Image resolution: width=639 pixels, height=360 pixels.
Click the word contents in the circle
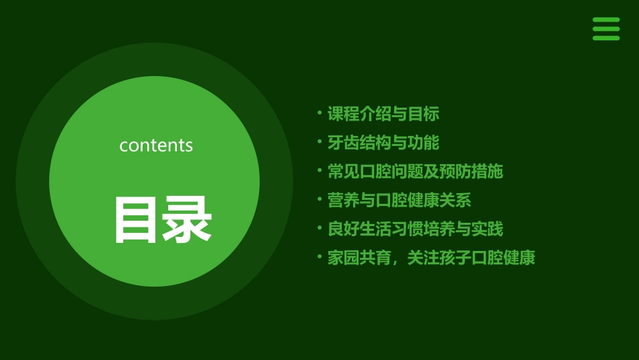coord(156,145)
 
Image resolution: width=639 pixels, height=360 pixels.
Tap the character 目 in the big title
coord(137,219)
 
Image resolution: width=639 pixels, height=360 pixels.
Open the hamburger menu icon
coord(605,29)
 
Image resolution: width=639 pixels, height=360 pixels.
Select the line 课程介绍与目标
coord(383,114)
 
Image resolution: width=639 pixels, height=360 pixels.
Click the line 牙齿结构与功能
coord(383,143)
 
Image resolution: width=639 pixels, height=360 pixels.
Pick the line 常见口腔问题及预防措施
coord(415,172)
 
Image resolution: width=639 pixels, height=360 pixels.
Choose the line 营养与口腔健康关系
coord(399,201)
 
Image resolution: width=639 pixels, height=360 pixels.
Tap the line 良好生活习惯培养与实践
coord(415,229)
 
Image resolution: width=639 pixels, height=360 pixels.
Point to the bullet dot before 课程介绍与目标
coord(319,112)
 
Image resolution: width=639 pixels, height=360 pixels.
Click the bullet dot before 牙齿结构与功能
coord(319,141)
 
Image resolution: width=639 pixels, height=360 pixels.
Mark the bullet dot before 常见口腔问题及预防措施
coord(319,170)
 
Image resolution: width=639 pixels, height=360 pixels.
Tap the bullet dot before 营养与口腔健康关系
coord(319,199)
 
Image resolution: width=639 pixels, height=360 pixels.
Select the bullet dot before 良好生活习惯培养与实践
coord(319,228)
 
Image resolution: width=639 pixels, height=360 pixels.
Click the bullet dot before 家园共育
coord(319,256)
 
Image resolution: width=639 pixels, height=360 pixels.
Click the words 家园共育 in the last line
coord(359,258)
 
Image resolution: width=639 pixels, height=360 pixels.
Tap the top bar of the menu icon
coord(605,20)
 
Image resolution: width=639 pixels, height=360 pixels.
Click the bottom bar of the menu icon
coord(605,38)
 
